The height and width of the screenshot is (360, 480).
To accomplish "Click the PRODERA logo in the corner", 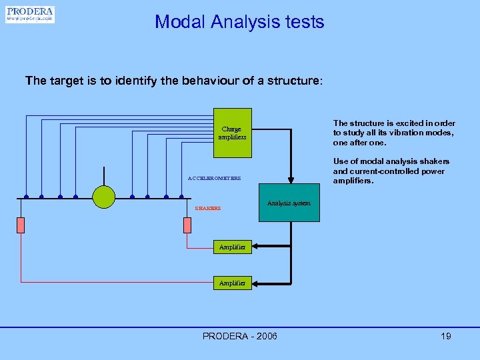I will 30,15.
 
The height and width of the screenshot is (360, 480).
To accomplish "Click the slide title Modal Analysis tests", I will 239,22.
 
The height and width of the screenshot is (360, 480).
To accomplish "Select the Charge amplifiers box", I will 233,133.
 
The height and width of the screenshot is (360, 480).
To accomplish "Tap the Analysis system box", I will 288,203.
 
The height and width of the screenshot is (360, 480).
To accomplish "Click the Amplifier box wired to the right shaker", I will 232,247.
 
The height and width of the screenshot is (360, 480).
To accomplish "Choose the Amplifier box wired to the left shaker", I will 232,283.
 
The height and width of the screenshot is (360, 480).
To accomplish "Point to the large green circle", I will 103,196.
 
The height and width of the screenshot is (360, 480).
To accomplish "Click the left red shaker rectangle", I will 21,225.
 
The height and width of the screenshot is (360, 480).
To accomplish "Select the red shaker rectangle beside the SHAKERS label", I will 187,225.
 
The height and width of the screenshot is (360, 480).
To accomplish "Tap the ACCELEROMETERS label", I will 214,179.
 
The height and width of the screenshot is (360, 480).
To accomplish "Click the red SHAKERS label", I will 207,209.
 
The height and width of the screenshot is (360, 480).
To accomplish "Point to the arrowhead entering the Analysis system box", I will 290,179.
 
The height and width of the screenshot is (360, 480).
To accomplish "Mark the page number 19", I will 445,336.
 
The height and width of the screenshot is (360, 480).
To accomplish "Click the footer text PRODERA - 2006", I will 239,336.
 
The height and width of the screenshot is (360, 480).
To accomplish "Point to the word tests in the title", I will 303,22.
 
